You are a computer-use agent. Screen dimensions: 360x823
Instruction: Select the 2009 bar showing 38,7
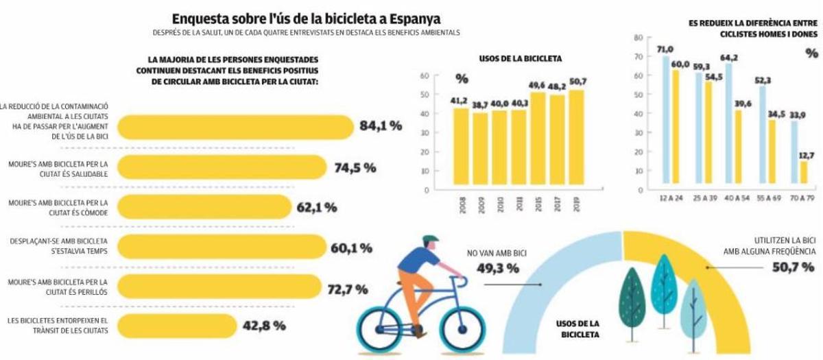(480, 151)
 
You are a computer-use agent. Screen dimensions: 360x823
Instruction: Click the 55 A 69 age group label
(770, 198)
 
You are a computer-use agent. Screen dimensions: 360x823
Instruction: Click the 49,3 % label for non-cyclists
(497, 267)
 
